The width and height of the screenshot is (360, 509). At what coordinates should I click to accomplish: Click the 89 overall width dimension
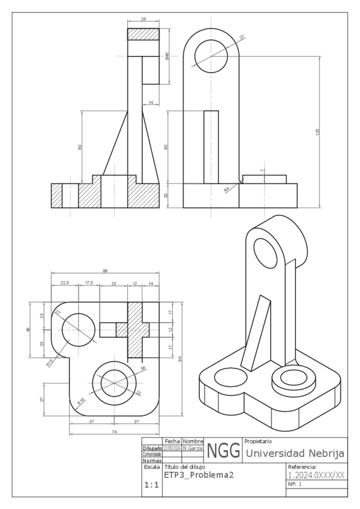(105, 271)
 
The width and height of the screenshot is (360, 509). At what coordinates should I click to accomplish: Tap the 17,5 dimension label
(89, 283)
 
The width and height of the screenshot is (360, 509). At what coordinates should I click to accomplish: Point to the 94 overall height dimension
(179, 358)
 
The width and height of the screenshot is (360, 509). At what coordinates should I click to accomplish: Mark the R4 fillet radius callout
(227, 189)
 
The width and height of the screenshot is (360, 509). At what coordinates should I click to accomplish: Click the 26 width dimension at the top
(143, 19)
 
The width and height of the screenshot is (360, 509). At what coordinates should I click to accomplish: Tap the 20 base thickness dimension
(166, 196)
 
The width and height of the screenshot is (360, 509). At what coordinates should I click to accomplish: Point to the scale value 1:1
(151, 487)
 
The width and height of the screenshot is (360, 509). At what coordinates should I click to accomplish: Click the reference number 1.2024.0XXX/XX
(316, 474)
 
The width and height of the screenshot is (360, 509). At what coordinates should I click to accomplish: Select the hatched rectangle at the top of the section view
(143, 34)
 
